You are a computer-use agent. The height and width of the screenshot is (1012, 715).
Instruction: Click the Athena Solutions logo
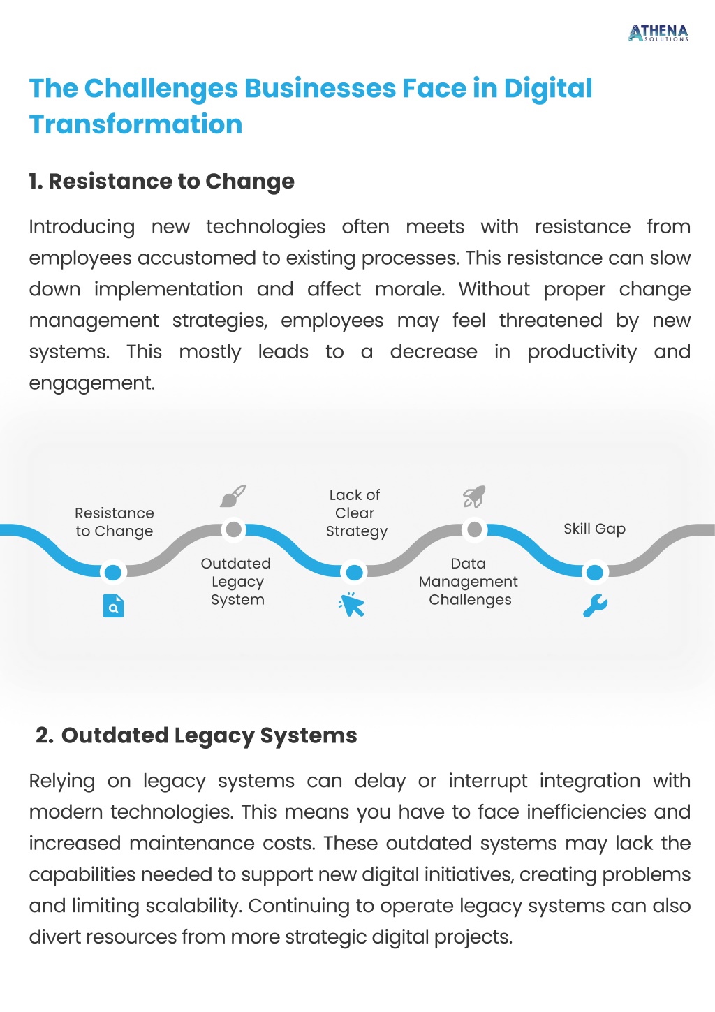tap(658, 34)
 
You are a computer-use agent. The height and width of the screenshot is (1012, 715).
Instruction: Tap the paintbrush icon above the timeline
tap(233, 496)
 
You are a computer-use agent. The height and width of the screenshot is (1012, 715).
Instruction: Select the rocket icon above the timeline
tap(474, 497)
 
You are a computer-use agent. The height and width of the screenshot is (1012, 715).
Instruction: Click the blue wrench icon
tap(595, 606)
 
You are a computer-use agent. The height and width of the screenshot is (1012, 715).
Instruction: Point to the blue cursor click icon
tap(351, 605)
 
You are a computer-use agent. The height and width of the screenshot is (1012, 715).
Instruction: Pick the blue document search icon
tap(113, 606)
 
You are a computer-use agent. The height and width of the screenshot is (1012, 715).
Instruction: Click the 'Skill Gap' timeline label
tap(594, 529)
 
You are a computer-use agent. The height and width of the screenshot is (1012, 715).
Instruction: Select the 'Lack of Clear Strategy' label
tap(355, 513)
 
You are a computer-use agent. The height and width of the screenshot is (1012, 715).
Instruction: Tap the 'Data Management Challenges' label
tap(469, 582)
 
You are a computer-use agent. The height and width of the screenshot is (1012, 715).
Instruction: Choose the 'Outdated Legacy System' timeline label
tap(236, 582)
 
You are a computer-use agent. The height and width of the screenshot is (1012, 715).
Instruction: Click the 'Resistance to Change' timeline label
tap(115, 522)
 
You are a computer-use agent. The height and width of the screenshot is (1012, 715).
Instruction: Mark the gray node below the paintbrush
tap(233, 529)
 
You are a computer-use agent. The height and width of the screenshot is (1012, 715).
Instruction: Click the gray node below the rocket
tap(474, 529)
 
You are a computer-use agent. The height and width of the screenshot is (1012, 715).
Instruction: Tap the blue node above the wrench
tap(595, 573)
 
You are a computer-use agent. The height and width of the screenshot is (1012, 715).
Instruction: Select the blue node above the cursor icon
tap(354, 573)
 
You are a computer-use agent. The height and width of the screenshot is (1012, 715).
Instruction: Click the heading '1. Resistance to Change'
tap(162, 182)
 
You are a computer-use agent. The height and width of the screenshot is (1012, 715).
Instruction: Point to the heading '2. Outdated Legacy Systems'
tap(196, 736)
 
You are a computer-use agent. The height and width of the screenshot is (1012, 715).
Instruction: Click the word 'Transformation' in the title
tap(136, 124)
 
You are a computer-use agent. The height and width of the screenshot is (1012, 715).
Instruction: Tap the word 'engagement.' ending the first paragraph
tap(92, 383)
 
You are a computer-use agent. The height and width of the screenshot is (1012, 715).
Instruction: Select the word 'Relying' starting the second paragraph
tap(62, 782)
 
